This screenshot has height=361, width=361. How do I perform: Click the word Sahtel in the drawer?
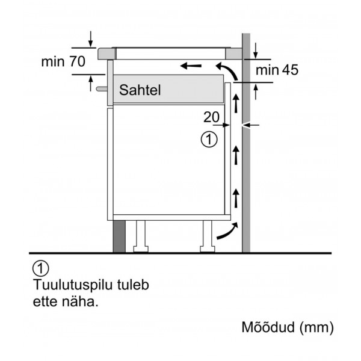[140, 90]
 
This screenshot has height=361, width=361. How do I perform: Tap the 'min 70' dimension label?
[63, 61]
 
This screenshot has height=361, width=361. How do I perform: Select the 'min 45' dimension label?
[277, 70]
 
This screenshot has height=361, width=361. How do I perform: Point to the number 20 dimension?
[211, 117]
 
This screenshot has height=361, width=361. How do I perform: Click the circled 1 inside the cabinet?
[209, 140]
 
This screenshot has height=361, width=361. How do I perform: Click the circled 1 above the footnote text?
[41, 268]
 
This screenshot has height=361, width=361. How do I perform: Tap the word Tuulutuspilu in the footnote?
[73, 285]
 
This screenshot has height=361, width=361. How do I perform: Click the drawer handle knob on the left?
[102, 89]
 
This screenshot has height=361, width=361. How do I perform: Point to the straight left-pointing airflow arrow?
[191, 66]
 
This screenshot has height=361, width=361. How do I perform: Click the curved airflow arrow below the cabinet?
[227, 231]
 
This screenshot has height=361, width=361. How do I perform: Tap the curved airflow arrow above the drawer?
[227, 71]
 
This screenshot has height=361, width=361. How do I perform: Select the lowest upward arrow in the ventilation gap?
[236, 198]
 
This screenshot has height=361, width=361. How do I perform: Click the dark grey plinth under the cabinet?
[119, 236]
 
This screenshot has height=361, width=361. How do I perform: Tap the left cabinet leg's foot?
[141, 249]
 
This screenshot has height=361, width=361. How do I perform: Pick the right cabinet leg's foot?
[208, 249]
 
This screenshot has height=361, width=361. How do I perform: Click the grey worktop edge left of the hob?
[106, 54]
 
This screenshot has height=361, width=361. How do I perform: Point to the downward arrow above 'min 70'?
[91, 39]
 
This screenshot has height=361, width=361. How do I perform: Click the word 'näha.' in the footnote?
[80, 302]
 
